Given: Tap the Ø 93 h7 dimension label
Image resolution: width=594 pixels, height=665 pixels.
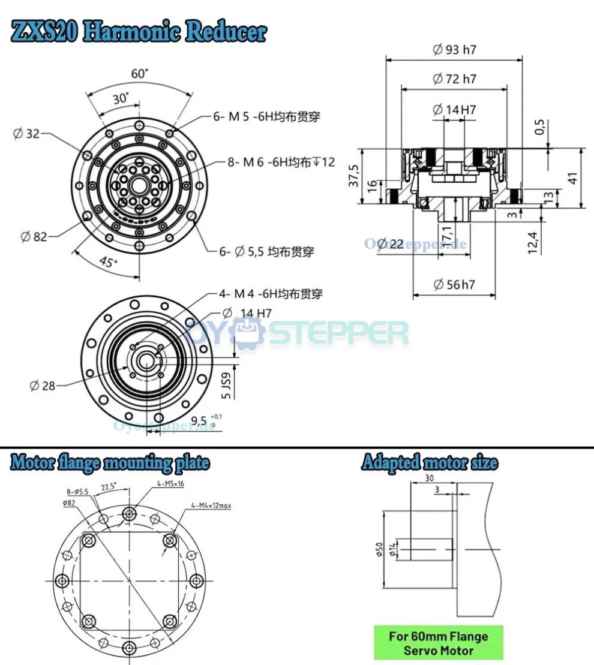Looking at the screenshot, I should click(x=454, y=50).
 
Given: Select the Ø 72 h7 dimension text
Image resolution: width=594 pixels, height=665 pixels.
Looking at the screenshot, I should click(x=454, y=79).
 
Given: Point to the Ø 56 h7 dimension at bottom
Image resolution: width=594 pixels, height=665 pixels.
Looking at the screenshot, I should click(x=454, y=284).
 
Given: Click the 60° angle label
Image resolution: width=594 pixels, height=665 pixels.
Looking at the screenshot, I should click(x=140, y=74).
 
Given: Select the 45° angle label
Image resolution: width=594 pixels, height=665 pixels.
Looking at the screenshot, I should click(x=107, y=262).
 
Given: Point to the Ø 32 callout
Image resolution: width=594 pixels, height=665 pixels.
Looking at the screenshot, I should click(x=26, y=133).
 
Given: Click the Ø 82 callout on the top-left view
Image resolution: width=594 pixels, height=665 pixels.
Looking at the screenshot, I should click(x=34, y=236).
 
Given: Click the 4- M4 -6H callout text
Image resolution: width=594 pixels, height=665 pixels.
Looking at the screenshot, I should click(x=270, y=294).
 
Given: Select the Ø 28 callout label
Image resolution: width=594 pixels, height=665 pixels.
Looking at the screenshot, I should click(x=42, y=386).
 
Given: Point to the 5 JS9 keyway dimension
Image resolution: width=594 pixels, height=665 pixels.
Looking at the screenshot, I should click(x=226, y=387).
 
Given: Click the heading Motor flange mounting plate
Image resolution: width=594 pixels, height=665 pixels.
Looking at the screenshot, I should click(x=110, y=462).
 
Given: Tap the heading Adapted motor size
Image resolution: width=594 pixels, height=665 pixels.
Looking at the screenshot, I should click(x=429, y=462).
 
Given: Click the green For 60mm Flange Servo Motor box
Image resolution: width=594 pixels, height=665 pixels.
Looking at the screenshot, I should click(x=438, y=643).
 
